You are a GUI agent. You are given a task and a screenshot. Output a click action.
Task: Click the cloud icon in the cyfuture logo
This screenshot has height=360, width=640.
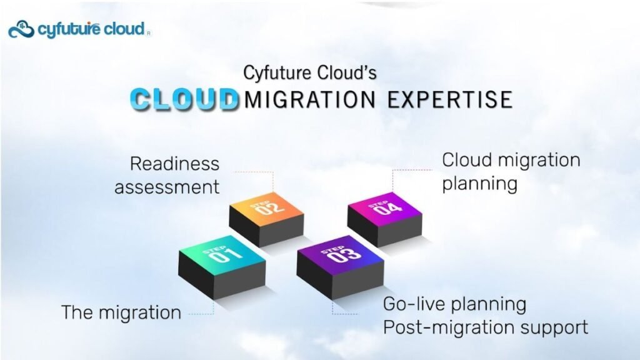(x=21, y=29)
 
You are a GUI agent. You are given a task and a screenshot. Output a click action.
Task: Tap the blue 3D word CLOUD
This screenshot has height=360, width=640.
(x=184, y=99)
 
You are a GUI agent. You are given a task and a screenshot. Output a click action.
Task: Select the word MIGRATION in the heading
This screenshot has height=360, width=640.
(x=309, y=99)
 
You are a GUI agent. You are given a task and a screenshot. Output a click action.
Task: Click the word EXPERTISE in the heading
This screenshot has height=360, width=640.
(x=450, y=99)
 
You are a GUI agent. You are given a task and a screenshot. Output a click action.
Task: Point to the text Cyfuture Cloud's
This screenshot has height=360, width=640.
(x=310, y=72)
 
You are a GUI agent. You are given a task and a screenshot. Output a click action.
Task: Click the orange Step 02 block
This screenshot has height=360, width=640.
(x=266, y=219)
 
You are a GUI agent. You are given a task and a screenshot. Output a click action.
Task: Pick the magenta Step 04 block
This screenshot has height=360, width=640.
(x=384, y=219)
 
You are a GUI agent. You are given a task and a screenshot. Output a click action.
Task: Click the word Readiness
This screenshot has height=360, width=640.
(x=175, y=164)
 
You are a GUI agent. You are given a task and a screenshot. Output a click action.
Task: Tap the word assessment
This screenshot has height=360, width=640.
(x=167, y=187)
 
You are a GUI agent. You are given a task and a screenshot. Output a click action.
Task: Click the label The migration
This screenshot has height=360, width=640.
(x=121, y=313)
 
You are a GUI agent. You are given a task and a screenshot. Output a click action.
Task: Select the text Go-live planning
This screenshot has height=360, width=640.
(x=455, y=305)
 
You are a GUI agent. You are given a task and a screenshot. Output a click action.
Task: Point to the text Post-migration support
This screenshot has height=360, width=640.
(x=486, y=328)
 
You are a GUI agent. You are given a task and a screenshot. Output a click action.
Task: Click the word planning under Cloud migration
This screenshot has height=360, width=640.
(x=480, y=184)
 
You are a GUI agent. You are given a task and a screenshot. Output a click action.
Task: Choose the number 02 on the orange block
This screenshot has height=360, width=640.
(x=270, y=208)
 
